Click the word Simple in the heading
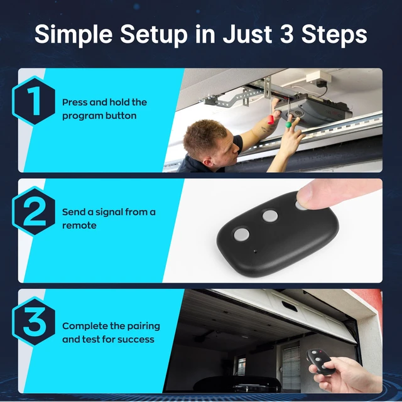73,35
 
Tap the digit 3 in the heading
286,34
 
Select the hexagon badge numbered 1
33,100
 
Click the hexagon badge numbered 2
33,211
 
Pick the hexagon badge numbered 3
33,322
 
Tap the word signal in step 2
112,212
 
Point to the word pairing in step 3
143,327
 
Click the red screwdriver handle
271,120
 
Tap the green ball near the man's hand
288,124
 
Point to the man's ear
209,162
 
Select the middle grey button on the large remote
270,215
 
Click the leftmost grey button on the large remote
241,234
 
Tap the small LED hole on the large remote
255,251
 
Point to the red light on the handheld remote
320,351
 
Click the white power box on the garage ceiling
318,76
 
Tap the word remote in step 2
79,225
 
